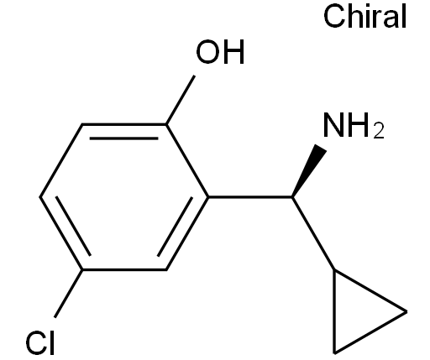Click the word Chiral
(x=364, y=17)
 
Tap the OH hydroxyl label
(x=221, y=52)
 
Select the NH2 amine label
(x=354, y=126)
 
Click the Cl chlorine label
(x=39, y=343)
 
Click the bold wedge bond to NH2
(x=309, y=170)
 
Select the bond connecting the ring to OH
(x=181, y=100)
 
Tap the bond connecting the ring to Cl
(x=68, y=294)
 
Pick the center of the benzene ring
(x=124, y=197)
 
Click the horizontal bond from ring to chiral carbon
(x=250, y=197)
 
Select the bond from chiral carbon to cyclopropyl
(x=313, y=233)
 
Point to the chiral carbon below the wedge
(x=292, y=197)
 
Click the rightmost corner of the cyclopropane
(x=406, y=311)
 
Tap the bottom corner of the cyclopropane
(x=334, y=353)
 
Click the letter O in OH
(x=207, y=52)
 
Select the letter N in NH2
(x=333, y=125)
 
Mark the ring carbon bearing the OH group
(x=166, y=124)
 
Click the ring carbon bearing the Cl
(x=82, y=270)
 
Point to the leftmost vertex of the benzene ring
(x=40, y=197)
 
